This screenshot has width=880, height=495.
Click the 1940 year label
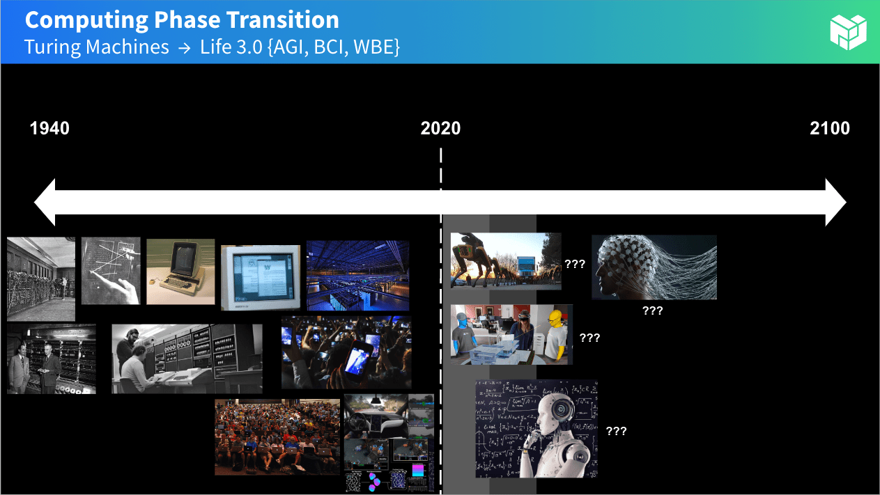[49, 129]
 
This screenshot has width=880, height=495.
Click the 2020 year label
[440, 129]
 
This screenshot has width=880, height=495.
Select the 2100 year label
[830, 129]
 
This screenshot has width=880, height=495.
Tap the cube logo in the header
[848, 32]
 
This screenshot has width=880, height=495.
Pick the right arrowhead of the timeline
[835, 203]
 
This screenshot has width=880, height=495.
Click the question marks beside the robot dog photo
[575, 265]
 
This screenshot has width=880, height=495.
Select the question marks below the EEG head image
[653, 311]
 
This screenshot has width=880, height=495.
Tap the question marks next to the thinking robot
[617, 431]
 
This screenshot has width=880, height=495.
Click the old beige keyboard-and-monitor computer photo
[180, 272]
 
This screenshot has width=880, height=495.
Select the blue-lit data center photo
[357, 275]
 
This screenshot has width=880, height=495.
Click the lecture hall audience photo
[277, 437]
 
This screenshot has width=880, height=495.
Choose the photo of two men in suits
[51, 359]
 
